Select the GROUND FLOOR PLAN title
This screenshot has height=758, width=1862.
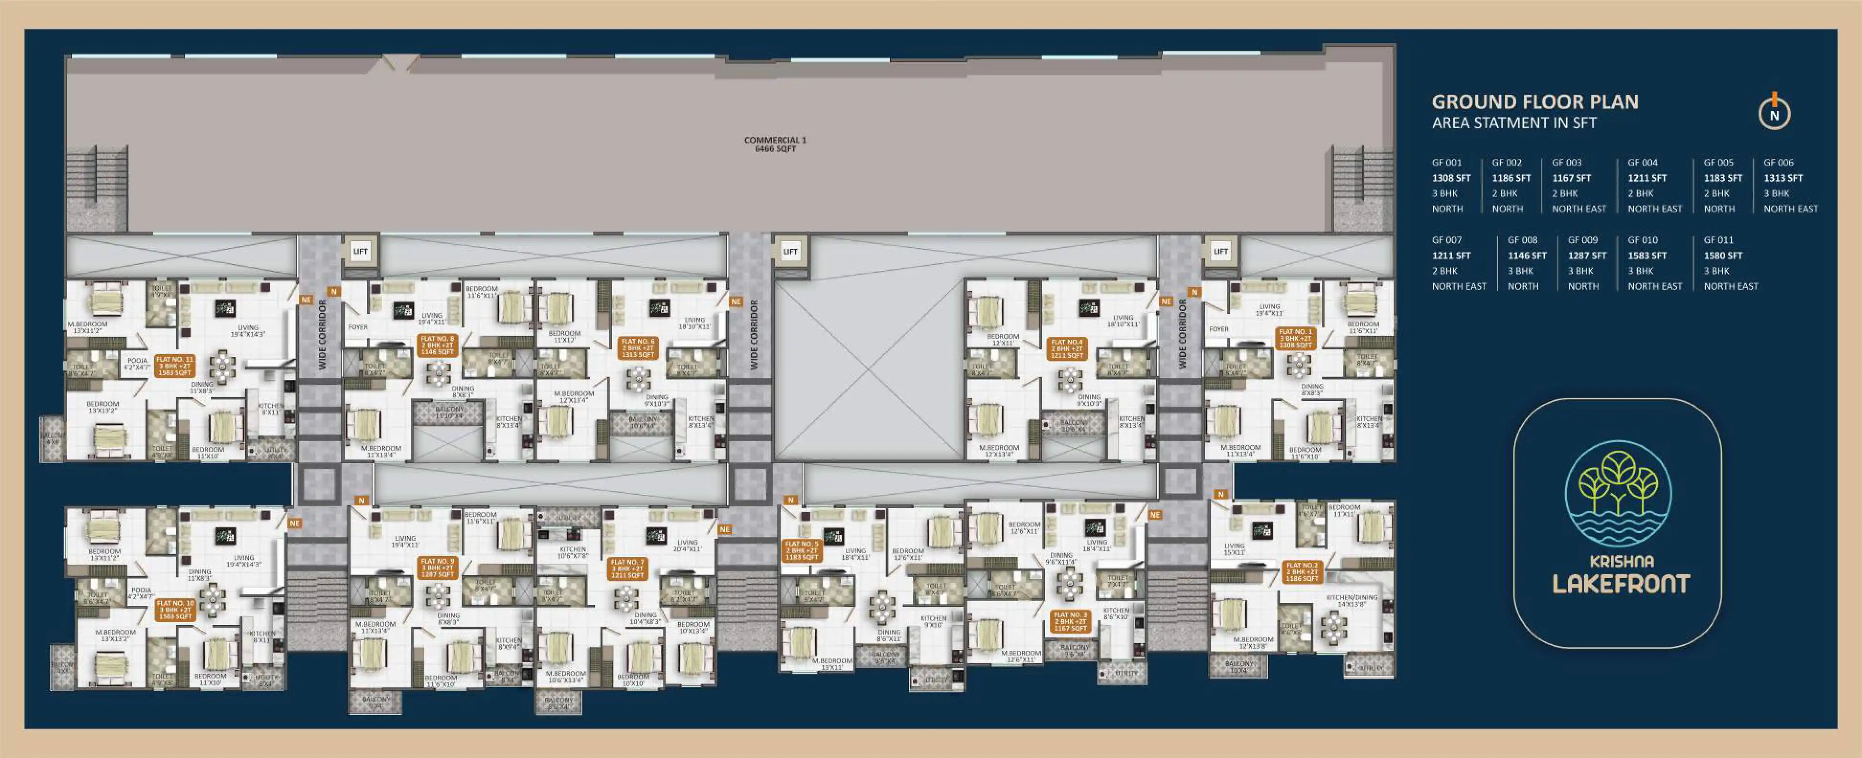[1534, 102]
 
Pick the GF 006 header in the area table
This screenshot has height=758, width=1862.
[1778, 163]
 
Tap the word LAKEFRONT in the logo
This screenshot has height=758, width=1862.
[1621, 584]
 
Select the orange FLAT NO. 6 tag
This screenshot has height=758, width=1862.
[637, 347]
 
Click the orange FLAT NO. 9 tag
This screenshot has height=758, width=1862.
[437, 567]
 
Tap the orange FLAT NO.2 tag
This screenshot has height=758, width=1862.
[1302, 571]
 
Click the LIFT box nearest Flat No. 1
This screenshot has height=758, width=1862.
[1221, 251]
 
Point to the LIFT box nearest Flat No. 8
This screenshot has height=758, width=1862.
[360, 251]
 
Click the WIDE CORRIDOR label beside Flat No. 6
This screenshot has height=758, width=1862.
[754, 334]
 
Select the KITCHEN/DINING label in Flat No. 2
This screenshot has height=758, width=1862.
[1351, 601]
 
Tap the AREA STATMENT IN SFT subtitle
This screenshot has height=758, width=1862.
[1514, 123]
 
